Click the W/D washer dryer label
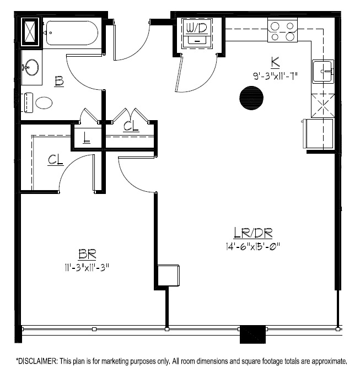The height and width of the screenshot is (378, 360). coord(197,29)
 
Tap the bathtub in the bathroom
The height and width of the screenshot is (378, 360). coord(72,33)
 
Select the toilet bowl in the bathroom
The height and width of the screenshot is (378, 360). coord(44,103)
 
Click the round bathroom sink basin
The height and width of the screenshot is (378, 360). coord(32,67)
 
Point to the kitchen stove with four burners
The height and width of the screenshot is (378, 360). coord(282,31)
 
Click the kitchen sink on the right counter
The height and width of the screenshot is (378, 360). coord(324,72)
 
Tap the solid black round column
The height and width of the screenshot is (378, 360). coord(251,98)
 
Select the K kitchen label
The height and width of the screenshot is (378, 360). coord(275,62)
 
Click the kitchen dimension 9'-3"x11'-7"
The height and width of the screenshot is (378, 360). coord(275,76)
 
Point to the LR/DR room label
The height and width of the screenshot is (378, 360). coord(253,233)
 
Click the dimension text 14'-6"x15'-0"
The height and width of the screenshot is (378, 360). coord(253,246)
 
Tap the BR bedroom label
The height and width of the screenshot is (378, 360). coord(87,255)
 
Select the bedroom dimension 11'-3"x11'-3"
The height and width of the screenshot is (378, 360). coord(87,268)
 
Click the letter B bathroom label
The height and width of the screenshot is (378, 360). coord(59,81)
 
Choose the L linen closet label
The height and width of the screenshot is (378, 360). coord(86,138)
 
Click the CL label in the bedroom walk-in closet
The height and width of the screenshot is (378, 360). coord(56,160)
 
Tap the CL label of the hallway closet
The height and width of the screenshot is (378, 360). coord(131,126)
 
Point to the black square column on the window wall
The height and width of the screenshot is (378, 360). coord(252,334)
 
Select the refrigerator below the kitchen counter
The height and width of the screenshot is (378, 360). coord(318,133)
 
